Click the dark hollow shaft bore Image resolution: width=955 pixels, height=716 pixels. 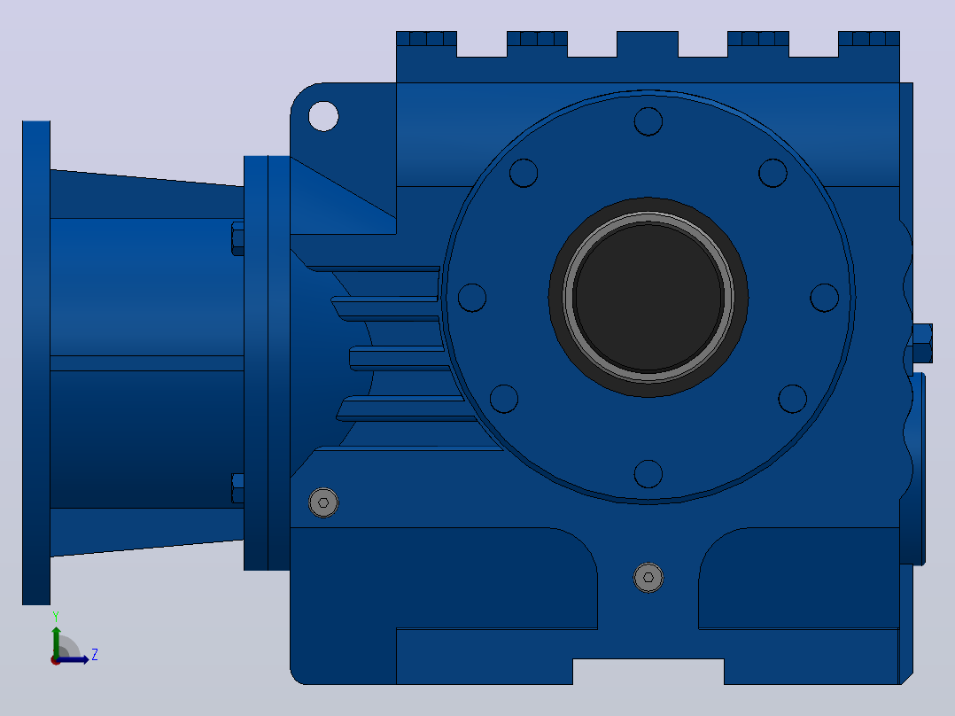tap(648, 298)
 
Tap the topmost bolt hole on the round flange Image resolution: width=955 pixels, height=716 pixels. tap(648, 121)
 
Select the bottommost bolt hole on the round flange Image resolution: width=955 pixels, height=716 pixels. tap(648, 474)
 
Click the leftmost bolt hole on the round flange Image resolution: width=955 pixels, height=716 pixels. tap(472, 298)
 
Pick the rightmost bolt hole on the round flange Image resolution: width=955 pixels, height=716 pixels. tap(825, 298)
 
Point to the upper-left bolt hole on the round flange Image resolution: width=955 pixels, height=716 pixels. tap(524, 173)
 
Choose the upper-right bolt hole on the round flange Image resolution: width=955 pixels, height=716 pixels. tap(773, 173)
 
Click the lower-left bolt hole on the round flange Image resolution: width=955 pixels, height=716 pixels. tap(504, 399)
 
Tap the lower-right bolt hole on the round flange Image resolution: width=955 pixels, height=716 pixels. tap(792, 399)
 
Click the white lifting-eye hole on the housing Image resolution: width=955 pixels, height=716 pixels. tap(323, 116)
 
